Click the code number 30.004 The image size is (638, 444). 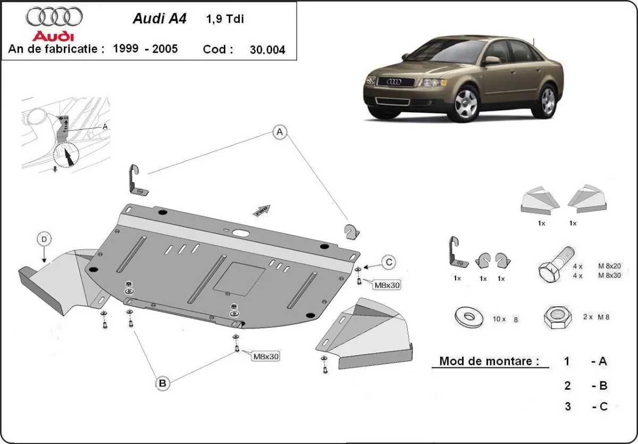pos(267,50)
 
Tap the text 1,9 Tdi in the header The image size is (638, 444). pos(225,19)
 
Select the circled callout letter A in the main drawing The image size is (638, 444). pos(280,132)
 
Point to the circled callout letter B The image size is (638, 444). pos(162,382)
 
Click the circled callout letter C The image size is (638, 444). pos(389,262)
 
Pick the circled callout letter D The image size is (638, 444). pos(44,240)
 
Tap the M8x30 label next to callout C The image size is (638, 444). pos(387,286)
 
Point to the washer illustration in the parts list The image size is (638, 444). pos(469,317)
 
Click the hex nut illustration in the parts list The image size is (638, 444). pos(556,317)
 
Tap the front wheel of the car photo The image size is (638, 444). pos(466,102)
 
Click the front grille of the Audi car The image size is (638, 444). pos(396,82)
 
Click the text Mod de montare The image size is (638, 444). pos(486,362)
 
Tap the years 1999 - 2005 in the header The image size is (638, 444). pos(145,49)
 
